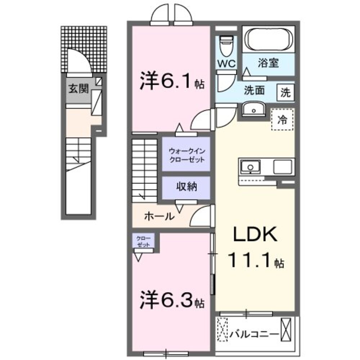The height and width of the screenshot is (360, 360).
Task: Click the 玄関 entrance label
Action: [x=78, y=89]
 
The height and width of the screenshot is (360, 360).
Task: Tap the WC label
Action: [x=226, y=64]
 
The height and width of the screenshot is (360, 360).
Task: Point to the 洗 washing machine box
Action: [x=285, y=93]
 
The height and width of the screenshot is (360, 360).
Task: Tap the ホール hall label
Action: [x=159, y=216]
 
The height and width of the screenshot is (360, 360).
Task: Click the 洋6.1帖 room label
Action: [x=172, y=83]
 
